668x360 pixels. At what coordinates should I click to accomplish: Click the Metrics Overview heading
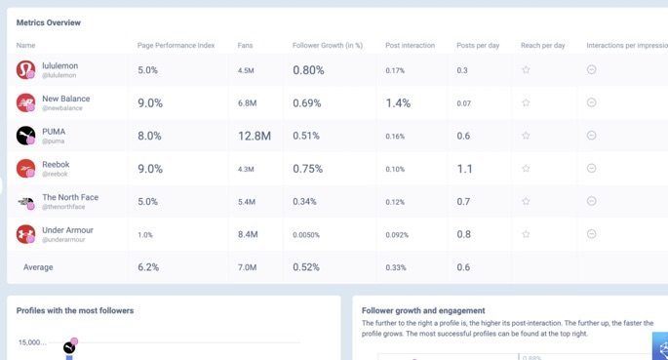tap(49, 22)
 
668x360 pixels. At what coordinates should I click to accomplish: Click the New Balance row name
tap(67, 98)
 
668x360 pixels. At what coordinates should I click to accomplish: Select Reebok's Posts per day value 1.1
tap(465, 168)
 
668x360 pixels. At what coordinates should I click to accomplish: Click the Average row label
tap(38, 267)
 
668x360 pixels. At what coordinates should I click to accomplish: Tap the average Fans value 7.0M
tap(248, 267)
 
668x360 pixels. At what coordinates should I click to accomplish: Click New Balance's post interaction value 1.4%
tap(398, 102)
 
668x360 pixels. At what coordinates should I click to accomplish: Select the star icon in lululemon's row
tap(526, 70)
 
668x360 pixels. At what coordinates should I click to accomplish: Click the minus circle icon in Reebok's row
tap(592, 168)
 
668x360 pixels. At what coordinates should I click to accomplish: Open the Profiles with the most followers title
tap(75, 310)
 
